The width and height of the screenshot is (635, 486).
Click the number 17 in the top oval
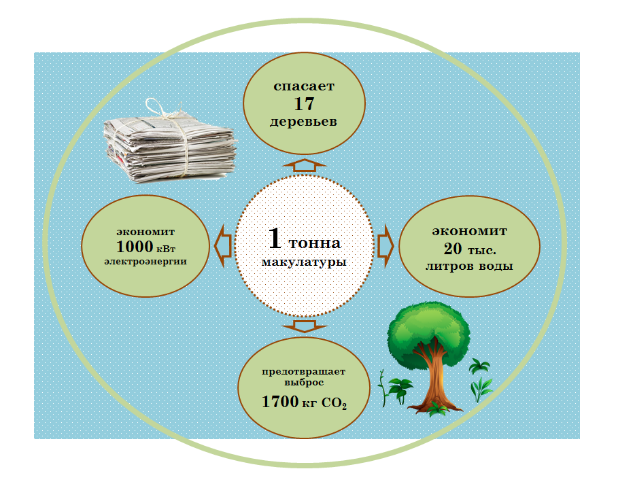(304, 104)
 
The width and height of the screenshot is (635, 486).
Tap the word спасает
(304, 86)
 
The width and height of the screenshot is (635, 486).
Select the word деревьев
(304, 122)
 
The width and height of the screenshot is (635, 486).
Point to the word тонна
(315, 243)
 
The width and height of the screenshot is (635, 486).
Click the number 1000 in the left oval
(137, 246)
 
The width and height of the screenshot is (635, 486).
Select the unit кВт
(172, 248)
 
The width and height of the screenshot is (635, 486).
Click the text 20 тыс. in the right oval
(468, 248)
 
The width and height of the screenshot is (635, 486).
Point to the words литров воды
(468, 266)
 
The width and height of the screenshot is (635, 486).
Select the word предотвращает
(304, 371)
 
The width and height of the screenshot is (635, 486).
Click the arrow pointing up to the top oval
(304, 164)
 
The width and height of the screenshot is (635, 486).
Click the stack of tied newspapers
(170, 144)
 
